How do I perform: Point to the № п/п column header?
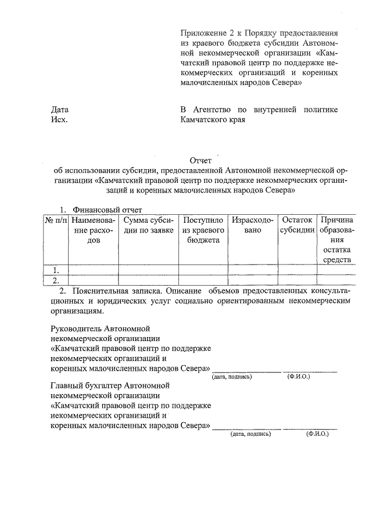[55, 220]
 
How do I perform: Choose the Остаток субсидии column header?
[296, 225]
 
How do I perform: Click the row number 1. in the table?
[55, 270]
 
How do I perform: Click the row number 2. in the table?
[55, 280]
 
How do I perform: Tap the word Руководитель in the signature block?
[76, 330]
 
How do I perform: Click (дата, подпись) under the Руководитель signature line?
[232, 377]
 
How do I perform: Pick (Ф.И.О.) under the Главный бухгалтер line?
[317, 434]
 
